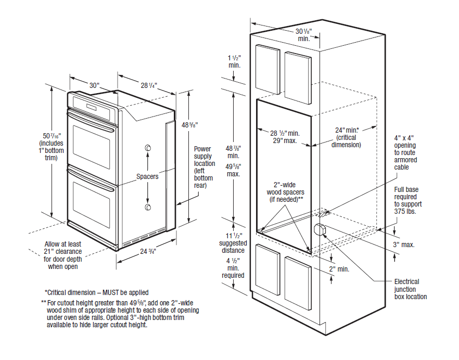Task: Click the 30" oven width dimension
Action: tap(94, 85)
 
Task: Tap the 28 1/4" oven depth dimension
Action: tap(148, 85)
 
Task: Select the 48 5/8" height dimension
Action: tap(189, 125)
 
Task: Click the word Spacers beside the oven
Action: tap(147, 176)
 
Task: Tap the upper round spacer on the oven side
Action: tap(148, 149)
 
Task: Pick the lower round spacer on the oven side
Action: tap(148, 208)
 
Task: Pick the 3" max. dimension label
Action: tap(404, 245)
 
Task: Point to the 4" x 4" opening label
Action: tap(405, 152)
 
